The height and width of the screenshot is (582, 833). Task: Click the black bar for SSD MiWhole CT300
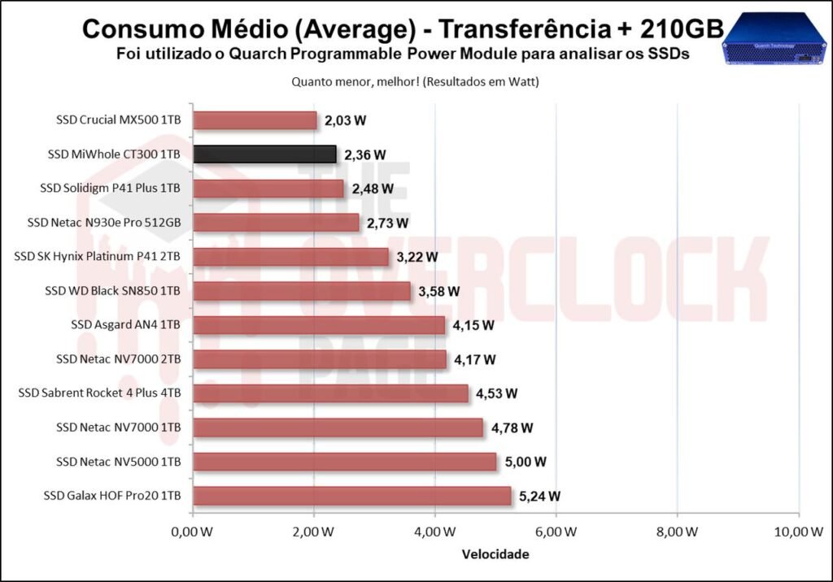(x=264, y=154)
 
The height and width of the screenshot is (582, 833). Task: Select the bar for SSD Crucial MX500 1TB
(x=255, y=120)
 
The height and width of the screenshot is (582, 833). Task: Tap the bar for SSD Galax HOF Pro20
(x=351, y=496)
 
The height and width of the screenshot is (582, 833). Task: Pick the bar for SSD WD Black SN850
(x=302, y=291)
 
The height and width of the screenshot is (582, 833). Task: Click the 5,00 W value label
(x=525, y=462)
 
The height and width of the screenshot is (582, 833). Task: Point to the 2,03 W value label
(x=345, y=120)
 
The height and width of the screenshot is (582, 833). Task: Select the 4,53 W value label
(x=496, y=393)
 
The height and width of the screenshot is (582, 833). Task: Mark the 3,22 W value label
(x=416, y=257)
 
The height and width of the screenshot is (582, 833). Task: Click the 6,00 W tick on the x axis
(x=556, y=532)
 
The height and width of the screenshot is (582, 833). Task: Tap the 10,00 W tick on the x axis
(x=798, y=532)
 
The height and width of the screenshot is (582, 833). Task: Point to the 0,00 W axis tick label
(x=192, y=532)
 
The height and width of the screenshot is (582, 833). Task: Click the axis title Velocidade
(x=495, y=555)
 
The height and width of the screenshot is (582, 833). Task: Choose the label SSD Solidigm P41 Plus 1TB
(x=110, y=189)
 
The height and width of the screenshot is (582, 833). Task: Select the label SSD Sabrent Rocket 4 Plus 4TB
(x=99, y=393)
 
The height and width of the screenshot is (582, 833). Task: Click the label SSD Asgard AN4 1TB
(x=125, y=325)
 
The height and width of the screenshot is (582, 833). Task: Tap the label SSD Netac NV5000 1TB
(x=118, y=462)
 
